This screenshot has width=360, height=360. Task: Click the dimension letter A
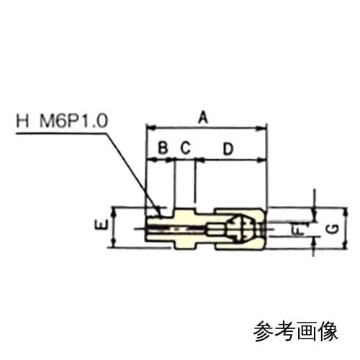click(x=203, y=117)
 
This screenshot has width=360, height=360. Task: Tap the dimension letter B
click(x=163, y=148)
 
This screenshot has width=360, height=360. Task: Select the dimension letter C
click(x=185, y=148)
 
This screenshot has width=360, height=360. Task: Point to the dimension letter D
click(x=228, y=149)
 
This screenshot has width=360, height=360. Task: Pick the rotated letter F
click(x=297, y=230)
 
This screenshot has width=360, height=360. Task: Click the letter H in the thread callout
click(x=22, y=121)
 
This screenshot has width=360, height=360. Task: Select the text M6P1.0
click(x=73, y=121)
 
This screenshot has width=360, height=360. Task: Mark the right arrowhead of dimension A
click(x=261, y=128)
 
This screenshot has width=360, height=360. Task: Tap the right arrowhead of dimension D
click(x=261, y=160)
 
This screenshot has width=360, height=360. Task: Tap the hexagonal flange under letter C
click(x=186, y=228)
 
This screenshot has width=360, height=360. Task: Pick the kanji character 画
click(x=307, y=330)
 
